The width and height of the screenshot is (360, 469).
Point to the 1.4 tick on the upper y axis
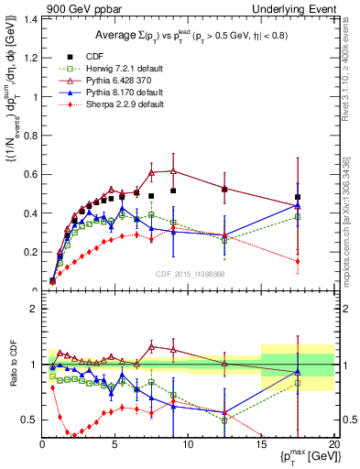(x=29, y=19)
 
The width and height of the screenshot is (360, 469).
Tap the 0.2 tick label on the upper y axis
(x=29, y=252)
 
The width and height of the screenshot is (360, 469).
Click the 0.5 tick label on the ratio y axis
(x=29, y=420)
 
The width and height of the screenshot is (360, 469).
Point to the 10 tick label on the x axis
(x=188, y=445)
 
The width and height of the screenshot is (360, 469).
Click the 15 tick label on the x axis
(x=261, y=445)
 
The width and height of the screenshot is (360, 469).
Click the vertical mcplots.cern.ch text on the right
(x=352, y=220)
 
